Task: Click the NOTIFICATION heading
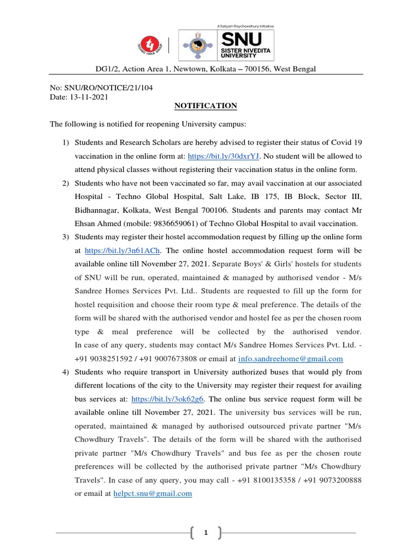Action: (205, 106)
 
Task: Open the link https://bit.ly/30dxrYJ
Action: (223, 156)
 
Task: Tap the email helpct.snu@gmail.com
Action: (153, 494)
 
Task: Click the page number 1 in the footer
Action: (205, 533)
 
